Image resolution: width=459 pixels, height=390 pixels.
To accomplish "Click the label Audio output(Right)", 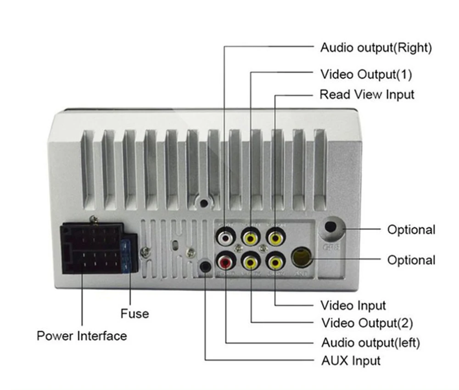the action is coord(376,48).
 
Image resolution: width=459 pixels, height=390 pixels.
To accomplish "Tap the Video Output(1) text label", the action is coord(366,74).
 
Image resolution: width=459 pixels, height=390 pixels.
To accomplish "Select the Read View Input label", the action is coord(367,95).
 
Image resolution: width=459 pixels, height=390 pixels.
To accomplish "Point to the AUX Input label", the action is coord(351,361).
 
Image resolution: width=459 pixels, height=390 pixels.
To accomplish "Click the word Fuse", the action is coord(134,314).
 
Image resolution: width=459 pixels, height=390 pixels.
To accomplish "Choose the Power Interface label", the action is coord(82,336).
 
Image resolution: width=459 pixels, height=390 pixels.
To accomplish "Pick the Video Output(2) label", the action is coord(367,323).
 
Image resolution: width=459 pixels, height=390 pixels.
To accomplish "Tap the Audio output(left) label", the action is coord(370,342).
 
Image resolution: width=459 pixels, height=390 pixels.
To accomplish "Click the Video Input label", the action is coord(353,305).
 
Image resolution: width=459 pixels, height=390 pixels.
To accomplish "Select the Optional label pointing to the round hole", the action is coord(411,230).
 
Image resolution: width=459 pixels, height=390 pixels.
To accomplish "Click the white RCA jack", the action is coord(226,238).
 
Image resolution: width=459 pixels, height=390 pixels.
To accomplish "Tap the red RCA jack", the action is coord(226,263).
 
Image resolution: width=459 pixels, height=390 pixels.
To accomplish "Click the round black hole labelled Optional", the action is coord(331,226).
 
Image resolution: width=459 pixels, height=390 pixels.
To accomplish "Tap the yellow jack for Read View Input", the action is coord(275,238).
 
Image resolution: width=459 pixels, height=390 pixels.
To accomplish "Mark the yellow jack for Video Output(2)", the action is coord(251,263).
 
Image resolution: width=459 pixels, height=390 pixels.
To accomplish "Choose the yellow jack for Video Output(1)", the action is coord(251,238).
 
